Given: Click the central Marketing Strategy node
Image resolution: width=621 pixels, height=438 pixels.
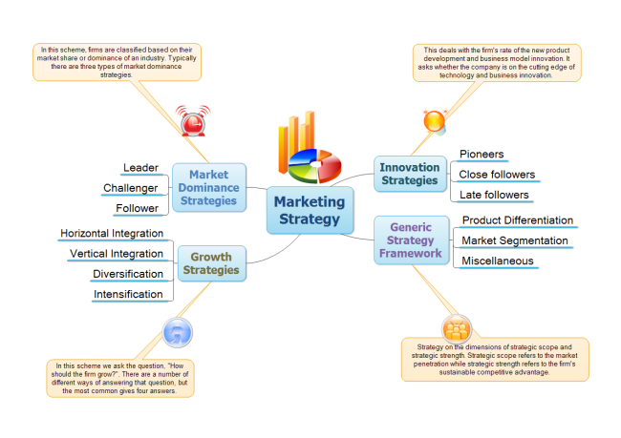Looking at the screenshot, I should (x=310, y=210).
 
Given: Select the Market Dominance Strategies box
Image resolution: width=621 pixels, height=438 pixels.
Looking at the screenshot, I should (x=207, y=187).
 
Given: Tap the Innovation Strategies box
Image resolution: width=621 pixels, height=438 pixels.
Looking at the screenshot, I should (x=409, y=172).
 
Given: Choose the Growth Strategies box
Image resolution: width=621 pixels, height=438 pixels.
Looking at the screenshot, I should (x=212, y=262).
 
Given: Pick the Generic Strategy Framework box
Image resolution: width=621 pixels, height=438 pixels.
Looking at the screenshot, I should (x=410, y=240).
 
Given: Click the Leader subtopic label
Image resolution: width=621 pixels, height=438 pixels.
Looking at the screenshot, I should (x=140, y=169).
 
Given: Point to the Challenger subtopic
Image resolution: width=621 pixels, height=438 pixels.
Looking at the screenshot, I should (x=130, y=188).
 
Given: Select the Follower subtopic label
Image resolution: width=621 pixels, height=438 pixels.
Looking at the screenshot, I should (x=137, y=208).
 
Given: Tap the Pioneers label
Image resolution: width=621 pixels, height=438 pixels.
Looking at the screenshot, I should (x=482, y=154).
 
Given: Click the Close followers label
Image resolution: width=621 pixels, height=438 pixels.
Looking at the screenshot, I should (x=497, y=175).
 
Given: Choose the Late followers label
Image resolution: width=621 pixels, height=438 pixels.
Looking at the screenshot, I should (x=494, y=195).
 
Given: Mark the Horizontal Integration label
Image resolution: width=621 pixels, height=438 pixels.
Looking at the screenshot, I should (x=111, y=234).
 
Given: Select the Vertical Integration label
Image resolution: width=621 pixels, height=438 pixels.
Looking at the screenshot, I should (x=116, y=254).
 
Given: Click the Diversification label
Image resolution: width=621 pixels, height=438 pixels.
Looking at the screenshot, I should (x=127, y=274).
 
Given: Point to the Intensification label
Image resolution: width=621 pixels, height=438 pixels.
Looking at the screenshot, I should (x=128, y=294).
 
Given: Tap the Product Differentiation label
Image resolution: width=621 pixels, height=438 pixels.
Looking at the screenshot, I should (x=518, y=220).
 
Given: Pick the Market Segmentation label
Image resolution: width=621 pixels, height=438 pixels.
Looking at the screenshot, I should (x=514, y=240).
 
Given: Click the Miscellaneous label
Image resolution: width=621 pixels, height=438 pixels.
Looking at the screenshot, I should (x=497, y=261).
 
